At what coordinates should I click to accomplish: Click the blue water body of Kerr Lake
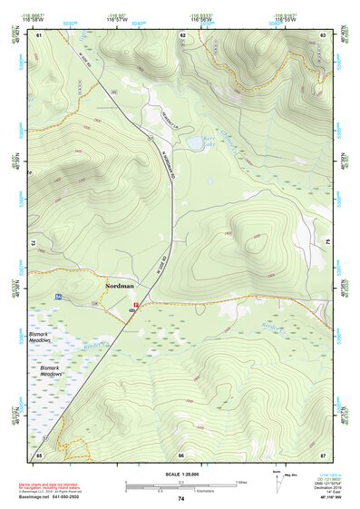195,142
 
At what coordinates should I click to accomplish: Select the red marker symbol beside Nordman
135,305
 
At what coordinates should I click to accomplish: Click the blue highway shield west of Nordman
57,297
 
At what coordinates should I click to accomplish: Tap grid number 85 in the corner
39,454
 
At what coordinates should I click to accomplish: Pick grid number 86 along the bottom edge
181,454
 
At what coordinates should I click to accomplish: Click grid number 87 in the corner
323,454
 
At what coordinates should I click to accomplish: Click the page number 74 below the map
181,498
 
